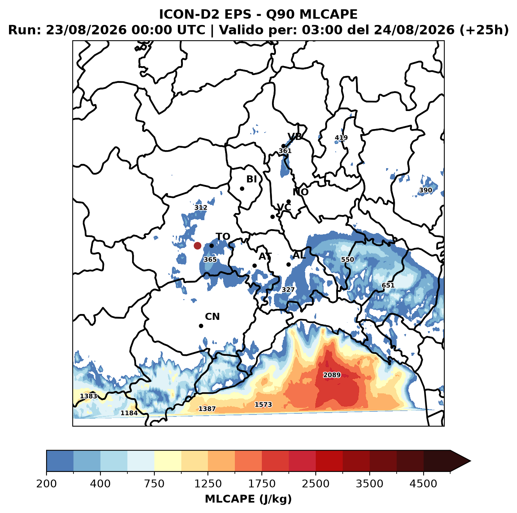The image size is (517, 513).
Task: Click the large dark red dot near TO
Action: tap(197, 246)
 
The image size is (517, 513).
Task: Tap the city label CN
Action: tap(212, 317)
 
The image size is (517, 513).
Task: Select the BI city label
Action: tap(251, 179)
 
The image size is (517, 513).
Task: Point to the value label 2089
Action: tap(332, 375)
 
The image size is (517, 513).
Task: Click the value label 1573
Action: tap(263, 404)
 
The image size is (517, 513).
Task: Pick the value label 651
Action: tap(388, 285)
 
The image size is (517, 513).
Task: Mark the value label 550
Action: tap(347, 259)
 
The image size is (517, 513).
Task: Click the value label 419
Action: tap(341, 138)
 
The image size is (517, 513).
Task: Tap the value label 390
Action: tap(426, 190)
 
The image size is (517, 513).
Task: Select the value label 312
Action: tap(201, 208)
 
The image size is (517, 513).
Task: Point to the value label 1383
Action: tap(89, 396)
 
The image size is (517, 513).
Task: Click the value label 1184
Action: tap(129, 413)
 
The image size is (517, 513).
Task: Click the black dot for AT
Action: tap(254, 266)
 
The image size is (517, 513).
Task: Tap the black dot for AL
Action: tap(288, 264)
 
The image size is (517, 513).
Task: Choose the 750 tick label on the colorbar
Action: tap(154, 484)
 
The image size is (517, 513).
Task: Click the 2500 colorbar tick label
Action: tap(315, 484)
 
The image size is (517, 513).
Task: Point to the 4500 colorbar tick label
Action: tap(423, 484)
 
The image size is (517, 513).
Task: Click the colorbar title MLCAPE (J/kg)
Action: tap(248, 499)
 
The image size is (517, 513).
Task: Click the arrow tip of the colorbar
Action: tap(470, 461)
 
